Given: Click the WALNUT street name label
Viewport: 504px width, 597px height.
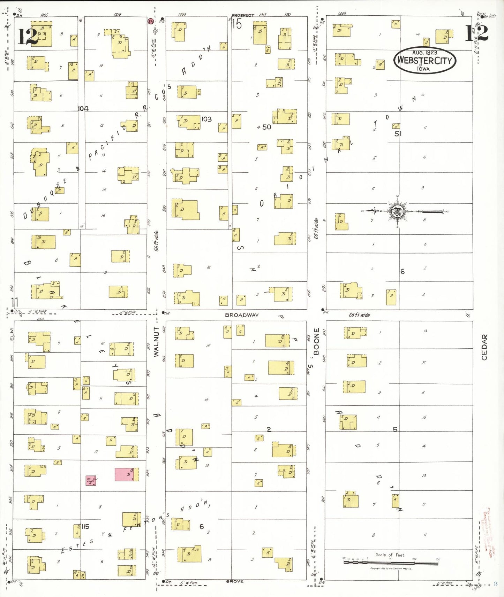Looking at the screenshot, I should pyautogui.click(x=156, y=341).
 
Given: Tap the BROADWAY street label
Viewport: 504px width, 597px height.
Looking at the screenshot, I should pyautogui.click(x=242, y=315).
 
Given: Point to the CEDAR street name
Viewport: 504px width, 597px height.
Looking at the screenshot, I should pyautogui.click(x=484, y=347).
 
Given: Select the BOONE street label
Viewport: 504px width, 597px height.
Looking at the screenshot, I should pyautogui.click(x=316, y=341).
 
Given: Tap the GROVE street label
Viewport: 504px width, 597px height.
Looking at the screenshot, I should pyautogui.click(x=235, y=581).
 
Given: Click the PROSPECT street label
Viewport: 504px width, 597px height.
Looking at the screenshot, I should pyautogui.click(x=243, y=15).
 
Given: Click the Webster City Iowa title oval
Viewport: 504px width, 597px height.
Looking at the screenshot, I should pyautogui.click(x=425, y=60).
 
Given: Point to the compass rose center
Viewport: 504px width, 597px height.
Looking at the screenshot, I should pyautogui.click(x=397, y=211).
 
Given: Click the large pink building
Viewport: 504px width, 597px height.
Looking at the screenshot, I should pyautogui.click(x=125, y=474).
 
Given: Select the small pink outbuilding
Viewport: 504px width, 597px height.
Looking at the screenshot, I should pyautogui.click(x=91, y=481).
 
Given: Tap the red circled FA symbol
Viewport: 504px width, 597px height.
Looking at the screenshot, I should pyautogui.click(x=151, y=21).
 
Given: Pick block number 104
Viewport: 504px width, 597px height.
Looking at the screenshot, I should pyautogui.click(x=83, y=109).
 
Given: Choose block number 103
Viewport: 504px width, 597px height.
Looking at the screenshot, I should pyautogui.click(x=206, y=119).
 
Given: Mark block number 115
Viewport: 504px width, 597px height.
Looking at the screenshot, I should pyautogui.click(x=85, y=526).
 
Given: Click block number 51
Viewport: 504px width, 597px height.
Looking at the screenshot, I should pyautogui.click(x=398, y=133).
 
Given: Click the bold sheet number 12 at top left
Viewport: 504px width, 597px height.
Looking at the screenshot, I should pyautogui.click(x=28, y=36).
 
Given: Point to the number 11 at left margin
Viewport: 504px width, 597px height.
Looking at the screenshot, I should pyautogui.click(x=15, y=302).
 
